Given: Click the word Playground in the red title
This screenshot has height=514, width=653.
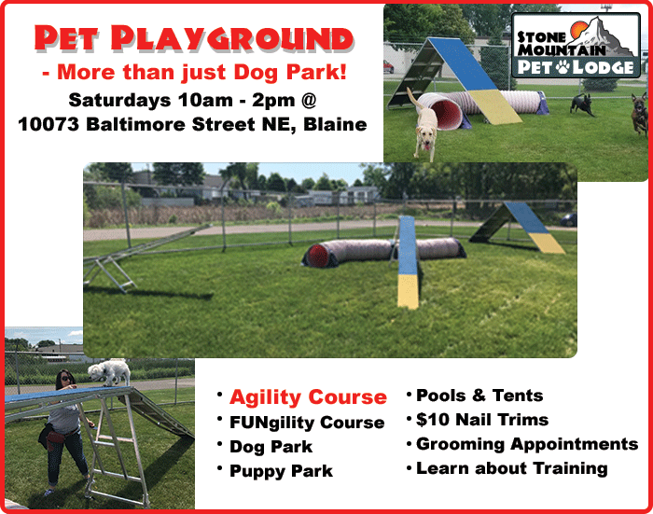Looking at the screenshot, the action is (x=232, y=39).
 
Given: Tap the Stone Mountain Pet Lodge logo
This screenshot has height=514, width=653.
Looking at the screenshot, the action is (x=576, y=45).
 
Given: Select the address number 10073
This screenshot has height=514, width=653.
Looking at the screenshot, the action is (x=49, y=124).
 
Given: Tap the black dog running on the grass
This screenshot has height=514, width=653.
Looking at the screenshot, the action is (x=582, y=104).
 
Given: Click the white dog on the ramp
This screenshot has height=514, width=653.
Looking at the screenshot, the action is (x=109, y=371).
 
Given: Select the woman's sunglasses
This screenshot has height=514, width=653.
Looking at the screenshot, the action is (x=66, y=378).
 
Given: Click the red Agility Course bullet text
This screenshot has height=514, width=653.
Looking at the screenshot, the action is (x=308, y=397).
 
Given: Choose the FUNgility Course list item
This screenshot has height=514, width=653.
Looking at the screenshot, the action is (x=307, y=423).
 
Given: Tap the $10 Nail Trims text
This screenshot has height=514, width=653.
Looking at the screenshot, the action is (x=482, y=420).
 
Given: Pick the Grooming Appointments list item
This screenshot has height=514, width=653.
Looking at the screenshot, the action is (x=527, y=444).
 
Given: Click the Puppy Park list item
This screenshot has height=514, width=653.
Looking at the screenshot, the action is (x=281, y=471).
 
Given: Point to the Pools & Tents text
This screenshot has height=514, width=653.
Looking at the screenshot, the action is (x=479, y=396).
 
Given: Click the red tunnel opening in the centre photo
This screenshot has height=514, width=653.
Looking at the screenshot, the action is (x=318, y=255).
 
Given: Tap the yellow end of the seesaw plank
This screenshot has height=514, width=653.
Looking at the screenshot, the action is (x=408, y=292).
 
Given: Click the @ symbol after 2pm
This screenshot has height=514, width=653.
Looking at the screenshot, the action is (x=309, y=101).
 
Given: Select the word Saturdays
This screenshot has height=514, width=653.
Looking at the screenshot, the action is (x=119, y=101).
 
